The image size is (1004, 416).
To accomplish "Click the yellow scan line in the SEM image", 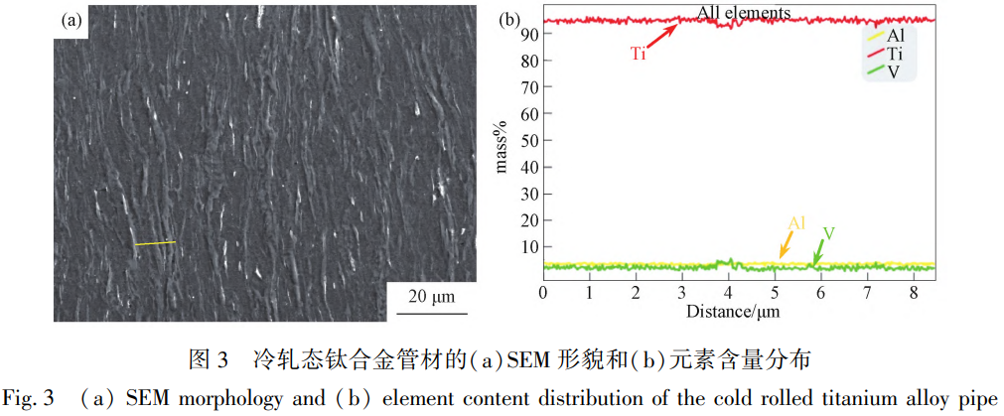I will pyautogui.click(x=154, y=242).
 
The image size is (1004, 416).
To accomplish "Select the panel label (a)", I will pyautogui.click(x=71, y=19).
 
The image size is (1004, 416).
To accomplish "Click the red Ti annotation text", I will pyautogui.click(x=639, y=54).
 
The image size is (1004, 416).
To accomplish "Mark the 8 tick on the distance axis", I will pyautogui.click(x=914, y=293).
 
